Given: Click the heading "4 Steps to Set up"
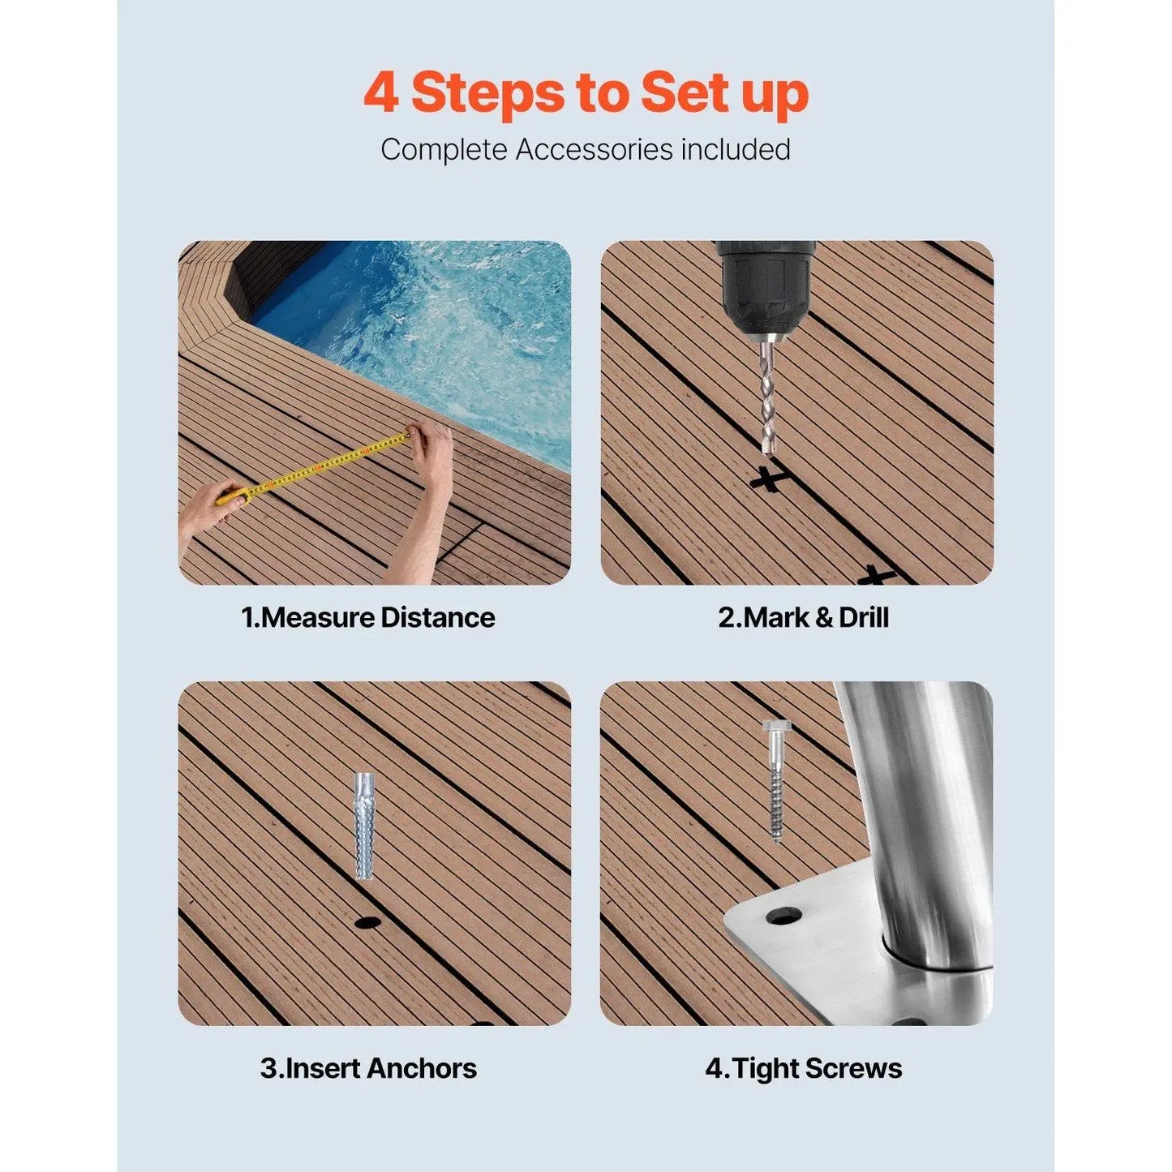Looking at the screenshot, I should point(586,93).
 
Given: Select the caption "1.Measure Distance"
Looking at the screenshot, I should point(368,618).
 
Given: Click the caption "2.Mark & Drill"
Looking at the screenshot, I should point(803,618).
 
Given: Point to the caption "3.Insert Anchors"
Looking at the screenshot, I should point(368,1068).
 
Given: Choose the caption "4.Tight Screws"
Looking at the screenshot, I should point(803,1068).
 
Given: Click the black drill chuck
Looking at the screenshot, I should point(762,284).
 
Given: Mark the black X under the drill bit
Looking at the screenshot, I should point(767,479).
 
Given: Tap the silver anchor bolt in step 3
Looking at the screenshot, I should point(365,826).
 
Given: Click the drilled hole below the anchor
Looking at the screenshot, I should point(367,922).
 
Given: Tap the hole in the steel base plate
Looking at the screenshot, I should point(783,917).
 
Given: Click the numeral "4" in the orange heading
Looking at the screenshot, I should point(380,93).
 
